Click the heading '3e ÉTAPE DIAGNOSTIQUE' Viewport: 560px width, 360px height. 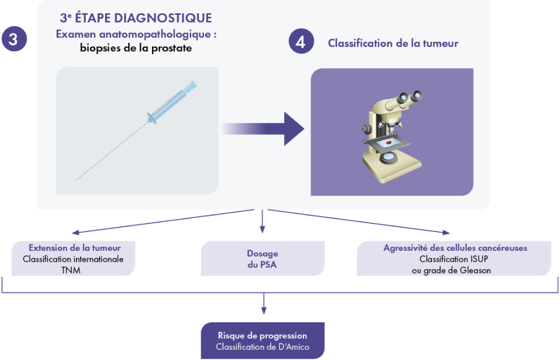135,18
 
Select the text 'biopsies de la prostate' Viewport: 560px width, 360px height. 136,48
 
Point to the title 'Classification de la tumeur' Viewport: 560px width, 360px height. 393,43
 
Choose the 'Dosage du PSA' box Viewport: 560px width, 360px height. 263,259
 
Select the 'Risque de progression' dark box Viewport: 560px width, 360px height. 263,341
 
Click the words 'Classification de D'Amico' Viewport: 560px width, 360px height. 262,347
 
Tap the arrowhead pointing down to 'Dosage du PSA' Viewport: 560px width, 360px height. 262,230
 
